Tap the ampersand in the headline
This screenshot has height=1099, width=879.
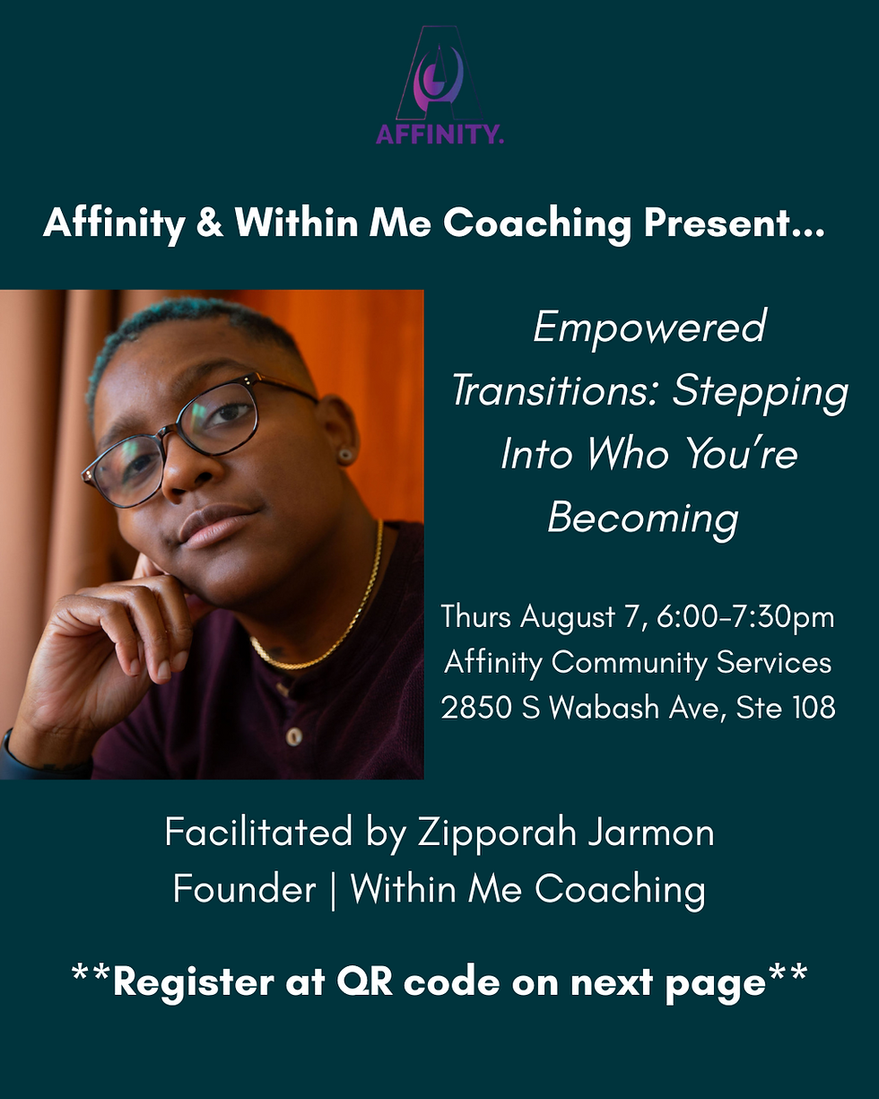tap(209, 222)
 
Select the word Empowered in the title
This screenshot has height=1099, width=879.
tap(649, 327)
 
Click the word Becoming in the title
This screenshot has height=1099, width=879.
tap(642, 517)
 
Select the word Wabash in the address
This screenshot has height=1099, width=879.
tap(609, 709)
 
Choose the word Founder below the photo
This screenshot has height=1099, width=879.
tap(244, 890)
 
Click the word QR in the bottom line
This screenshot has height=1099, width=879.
tap(364, 982)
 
